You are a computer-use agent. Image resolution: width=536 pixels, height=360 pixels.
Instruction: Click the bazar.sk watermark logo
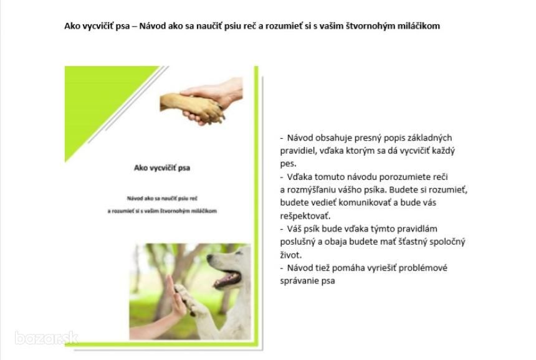(47, 338)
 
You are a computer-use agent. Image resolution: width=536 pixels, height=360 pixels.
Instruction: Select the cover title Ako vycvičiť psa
(162, 168)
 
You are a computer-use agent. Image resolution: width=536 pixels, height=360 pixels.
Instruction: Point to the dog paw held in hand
(191, 108)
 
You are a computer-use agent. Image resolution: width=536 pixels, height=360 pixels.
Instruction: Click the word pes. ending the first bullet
(288, 164)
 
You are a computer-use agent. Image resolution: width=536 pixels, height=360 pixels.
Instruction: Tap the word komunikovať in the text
(365, 203)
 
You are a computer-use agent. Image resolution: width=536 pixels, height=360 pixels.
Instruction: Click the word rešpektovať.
(305, 216)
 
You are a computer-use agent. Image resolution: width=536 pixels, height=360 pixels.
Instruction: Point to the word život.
(291, 255)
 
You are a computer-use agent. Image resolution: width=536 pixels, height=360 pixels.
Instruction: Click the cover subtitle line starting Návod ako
(162, 199)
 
